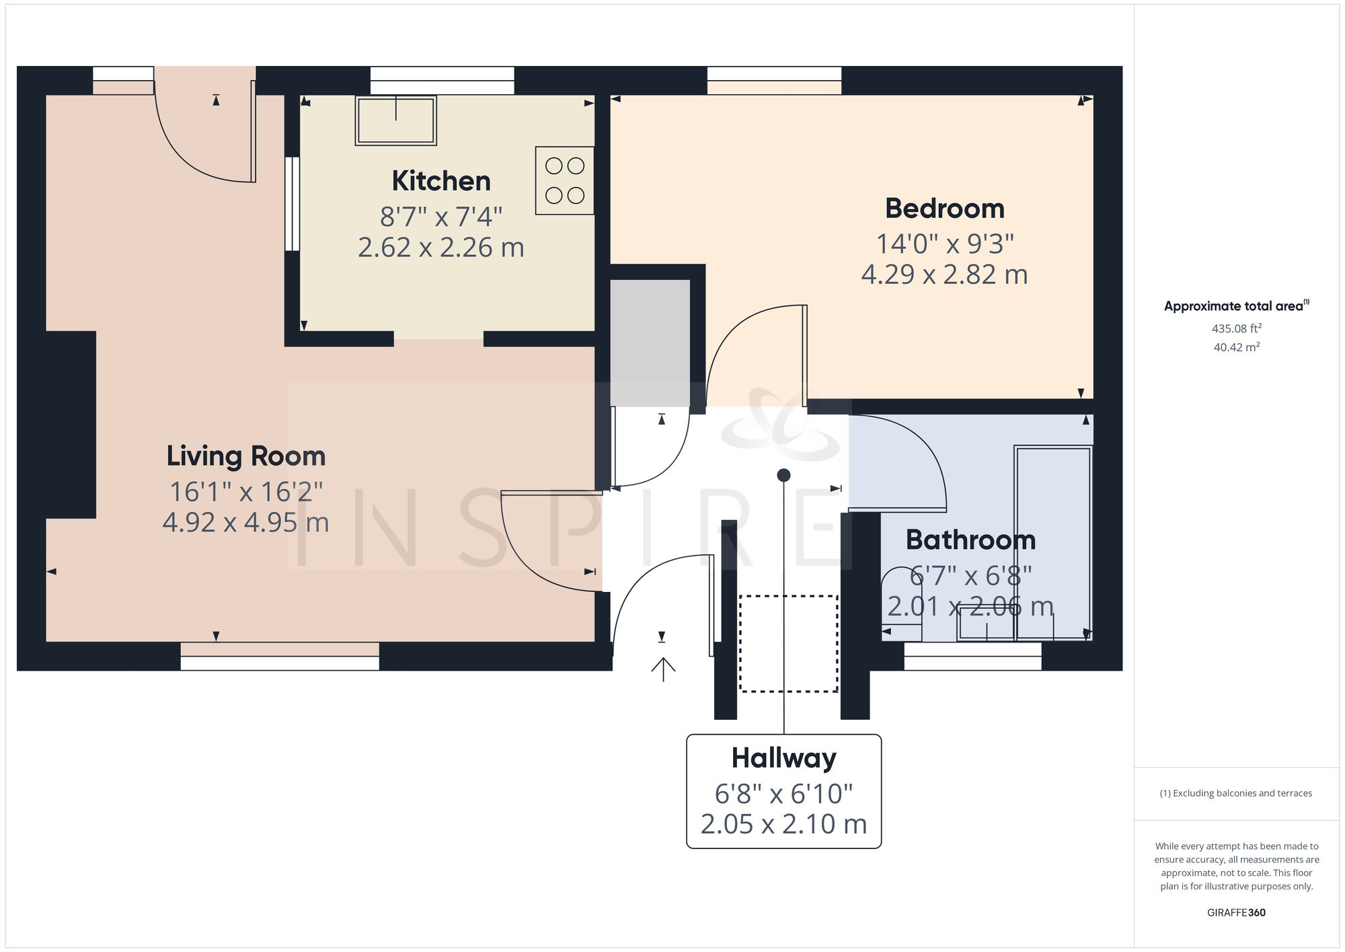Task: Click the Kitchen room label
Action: pos(441,181)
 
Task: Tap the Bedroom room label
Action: pos(944,209)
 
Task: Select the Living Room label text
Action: pos(246,456)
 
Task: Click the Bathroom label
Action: pos(970,540)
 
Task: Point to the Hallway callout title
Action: pos(783,758)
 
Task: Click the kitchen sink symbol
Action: pos(396,120)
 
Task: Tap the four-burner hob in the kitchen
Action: pos(564,180)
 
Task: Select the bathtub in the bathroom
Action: pos(1053,542)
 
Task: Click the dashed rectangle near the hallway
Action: pos(788,643)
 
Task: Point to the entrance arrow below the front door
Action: pos(663,669)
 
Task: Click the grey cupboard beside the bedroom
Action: pos(650,342)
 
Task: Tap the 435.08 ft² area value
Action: pos(1236,329)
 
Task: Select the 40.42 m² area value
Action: pos(1236,348)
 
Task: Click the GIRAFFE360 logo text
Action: pos(1236,912)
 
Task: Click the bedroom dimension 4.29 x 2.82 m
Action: pos(944,274)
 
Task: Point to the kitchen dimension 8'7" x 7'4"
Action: pos(441,217)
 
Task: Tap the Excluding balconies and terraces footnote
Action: pos(1236,793)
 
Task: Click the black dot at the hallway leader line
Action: pos(783,475)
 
